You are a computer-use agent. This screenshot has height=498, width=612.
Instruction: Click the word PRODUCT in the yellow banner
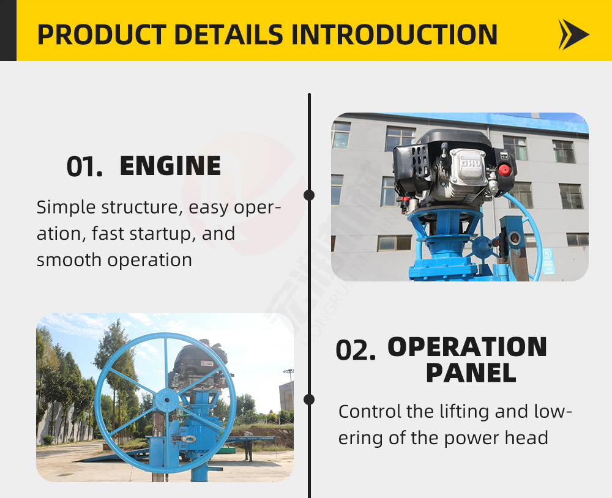[102, 35]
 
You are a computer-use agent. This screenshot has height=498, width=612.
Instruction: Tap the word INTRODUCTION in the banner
[394, 35]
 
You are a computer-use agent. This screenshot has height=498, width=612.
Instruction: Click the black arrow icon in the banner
[573, 35]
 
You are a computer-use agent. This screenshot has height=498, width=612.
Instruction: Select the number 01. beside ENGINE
[84, 166]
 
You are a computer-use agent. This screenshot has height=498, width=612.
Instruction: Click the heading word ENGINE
[171, 166]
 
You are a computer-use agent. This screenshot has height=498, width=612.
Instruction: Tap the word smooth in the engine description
[69, 260]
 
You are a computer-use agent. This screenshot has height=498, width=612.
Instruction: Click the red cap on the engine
[504, 171]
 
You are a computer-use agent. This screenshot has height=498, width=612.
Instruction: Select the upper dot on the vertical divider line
[308, 195]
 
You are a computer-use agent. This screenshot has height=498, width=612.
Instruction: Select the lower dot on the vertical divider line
[308, 400]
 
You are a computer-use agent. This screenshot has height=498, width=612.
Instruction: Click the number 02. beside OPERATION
[356, 350]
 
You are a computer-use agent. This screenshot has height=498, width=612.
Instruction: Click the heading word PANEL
[471, 373]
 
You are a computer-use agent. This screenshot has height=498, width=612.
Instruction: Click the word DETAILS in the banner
[229, 35]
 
